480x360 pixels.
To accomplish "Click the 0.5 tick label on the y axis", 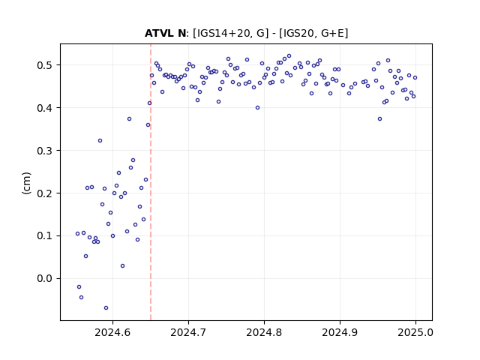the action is (45, 65).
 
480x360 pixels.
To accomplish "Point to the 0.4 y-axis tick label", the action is (45, 108).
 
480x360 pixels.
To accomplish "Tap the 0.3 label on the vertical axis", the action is (45, 151).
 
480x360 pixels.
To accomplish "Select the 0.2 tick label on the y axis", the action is (45, 193).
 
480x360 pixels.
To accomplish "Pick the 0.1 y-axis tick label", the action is (45, 236).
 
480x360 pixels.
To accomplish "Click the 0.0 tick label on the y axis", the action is (45, 278).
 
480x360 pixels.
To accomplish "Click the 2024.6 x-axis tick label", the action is (112, 332).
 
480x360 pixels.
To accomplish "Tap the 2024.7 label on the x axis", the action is (188, 332).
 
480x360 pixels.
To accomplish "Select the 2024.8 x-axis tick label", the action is (264, 332).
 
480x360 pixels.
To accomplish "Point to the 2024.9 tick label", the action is (340, 332).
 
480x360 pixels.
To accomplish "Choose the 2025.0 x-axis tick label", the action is (415, 332).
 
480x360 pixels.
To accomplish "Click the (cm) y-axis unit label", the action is (26, 183).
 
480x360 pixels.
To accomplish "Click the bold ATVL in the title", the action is (159, 33).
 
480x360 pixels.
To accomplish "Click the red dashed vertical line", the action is (151, 182).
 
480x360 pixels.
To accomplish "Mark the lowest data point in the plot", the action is (106, 308).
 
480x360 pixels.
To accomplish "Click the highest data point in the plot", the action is (289, 56).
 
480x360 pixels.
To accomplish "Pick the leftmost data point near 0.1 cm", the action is (77, 233).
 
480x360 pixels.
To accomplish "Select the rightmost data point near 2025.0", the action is (415, 78).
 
